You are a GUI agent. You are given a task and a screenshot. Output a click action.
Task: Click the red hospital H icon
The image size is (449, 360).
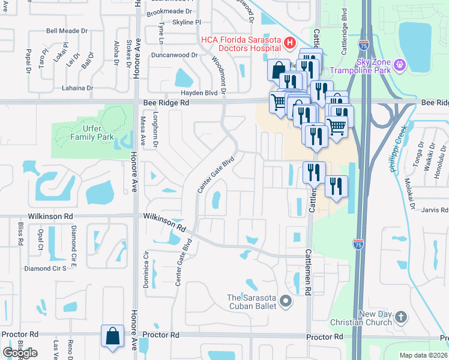click(289, 43)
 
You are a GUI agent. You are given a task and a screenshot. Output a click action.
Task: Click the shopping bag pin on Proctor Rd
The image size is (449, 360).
click(113, 337)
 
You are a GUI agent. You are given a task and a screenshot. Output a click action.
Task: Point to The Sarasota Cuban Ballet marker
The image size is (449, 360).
click(286, 301)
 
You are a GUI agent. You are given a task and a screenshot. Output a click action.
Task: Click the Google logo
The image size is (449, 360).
click(20, 353)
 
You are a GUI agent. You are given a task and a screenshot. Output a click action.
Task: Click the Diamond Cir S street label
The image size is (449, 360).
click(45, 268)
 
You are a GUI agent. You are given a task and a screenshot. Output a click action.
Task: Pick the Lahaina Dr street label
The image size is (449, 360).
click(77, 88)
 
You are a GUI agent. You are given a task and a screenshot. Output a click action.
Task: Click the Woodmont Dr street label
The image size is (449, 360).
click(218, 74)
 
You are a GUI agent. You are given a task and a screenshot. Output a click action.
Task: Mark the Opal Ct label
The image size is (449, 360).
click(41, 239)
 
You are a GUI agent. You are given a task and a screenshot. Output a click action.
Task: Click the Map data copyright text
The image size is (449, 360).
click(424, 355)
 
